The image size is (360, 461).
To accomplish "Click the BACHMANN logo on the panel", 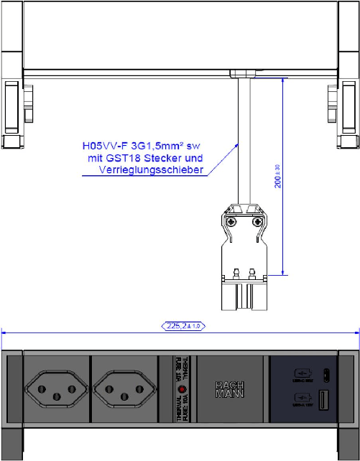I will [x=231, y=388].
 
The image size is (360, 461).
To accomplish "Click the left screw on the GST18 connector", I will [x=231, y=223].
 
